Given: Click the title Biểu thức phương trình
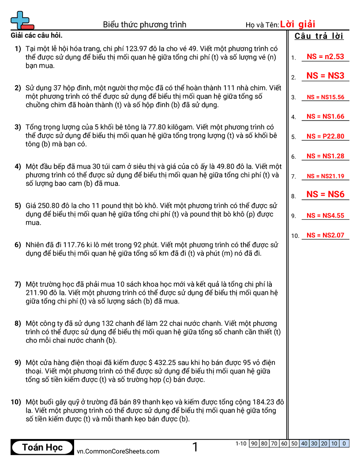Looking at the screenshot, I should (145, 25).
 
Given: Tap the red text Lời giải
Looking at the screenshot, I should (298, 24).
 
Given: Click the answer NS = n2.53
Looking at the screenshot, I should (325, 56).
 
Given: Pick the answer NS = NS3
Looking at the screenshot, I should (325, 76).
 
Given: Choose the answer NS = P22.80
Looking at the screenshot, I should (325, 136).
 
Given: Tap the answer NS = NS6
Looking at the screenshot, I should (325, 194).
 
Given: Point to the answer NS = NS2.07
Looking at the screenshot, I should (325, 235).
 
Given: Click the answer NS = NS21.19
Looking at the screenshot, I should (325, 176).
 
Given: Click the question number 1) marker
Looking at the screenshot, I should (18, 49).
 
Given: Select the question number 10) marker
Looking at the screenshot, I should (16, 402).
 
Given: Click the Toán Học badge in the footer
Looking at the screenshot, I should (42, 447).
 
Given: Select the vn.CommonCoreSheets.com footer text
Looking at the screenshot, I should (118, 451).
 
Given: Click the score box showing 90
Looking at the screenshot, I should (254, 443).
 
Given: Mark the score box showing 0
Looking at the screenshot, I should (344, 443).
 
